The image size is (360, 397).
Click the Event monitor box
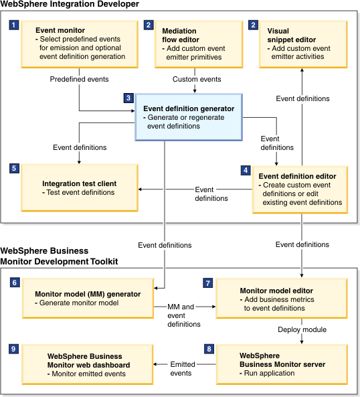(x=80, y=44)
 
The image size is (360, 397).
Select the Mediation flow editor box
(x=199, y=44)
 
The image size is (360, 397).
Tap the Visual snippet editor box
(x=303, y=44)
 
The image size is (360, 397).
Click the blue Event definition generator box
(x=189, y=117)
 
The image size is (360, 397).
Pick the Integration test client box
(x=80, y=187)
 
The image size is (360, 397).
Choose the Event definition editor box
(x=300, y=189)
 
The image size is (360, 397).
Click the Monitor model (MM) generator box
(x=88, y=299)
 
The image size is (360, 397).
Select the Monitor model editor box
(x=282, y=299)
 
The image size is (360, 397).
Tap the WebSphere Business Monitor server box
(x=282, y=364)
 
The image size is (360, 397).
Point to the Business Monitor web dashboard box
(x=87, y=364)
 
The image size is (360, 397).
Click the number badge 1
(x=14, y=25)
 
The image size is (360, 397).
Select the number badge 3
(x=128, y=98)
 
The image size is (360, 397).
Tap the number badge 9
(x=13, y=349)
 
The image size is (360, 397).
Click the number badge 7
(x=208, y=283)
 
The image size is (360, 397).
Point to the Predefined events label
(x=79, y=79)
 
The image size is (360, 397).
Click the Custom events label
(x=197, y=79)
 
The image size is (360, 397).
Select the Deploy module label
(x=302, y=329)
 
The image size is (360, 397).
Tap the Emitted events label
(x=183, y=369)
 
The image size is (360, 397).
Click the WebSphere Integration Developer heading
(x=70, y=4)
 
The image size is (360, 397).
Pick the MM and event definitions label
(x=184, y=315)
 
